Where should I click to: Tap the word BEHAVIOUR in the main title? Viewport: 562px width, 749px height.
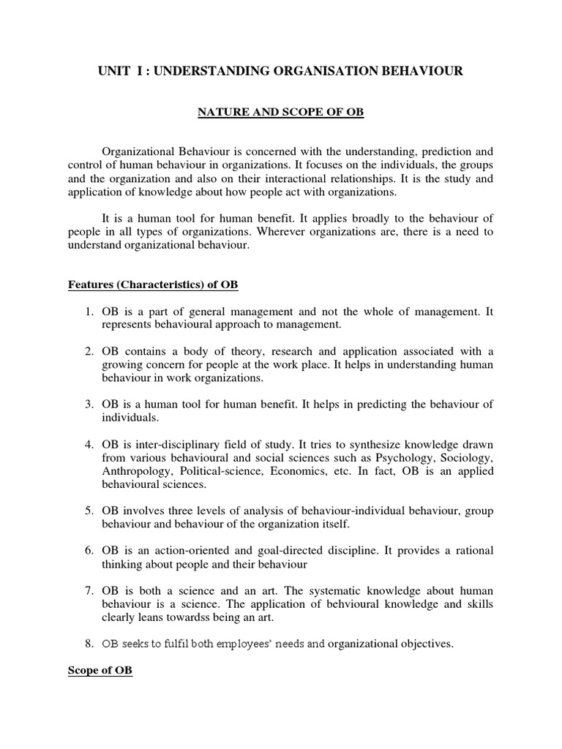(x=418, y=71)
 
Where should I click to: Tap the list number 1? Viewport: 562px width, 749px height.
(x=89, y=312)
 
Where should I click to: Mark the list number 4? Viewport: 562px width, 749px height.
(x=89, y=444)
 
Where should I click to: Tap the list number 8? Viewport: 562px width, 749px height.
(x=89, y=644)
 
